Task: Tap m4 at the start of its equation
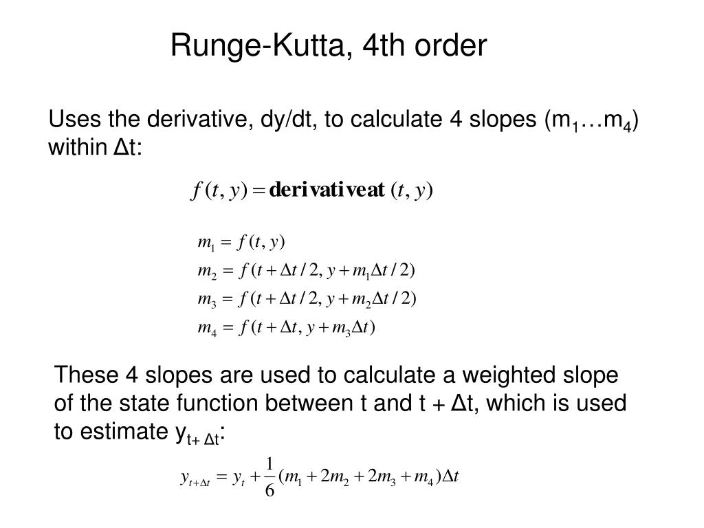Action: coord(206,328)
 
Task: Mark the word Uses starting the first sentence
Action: coord(70,121)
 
